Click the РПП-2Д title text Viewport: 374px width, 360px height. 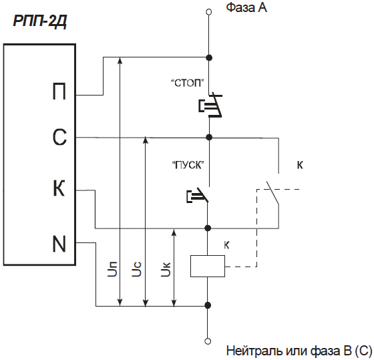point(39,21)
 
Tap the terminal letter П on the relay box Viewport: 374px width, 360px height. point(59,91)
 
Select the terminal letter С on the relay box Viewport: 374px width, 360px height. point(59,138)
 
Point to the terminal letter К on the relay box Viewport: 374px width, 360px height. point(59,188)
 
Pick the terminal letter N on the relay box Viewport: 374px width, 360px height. point(59,244)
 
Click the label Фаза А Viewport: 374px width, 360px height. point(246,7)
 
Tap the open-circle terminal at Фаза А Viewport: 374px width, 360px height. point(209,12)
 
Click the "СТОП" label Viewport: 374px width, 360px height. point(188,83)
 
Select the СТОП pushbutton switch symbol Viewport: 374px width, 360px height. point(210,106)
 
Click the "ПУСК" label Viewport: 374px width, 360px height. point(188,165)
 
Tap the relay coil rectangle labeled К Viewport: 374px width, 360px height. point(208,266)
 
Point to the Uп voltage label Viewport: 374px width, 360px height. point(112,268)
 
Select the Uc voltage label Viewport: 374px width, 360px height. point(137,269)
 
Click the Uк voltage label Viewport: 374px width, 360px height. point(166,269)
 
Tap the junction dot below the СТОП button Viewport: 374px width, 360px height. point(209,137)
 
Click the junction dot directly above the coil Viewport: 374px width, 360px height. point(208,228)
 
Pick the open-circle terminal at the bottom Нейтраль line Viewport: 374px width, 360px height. point(208,341)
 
